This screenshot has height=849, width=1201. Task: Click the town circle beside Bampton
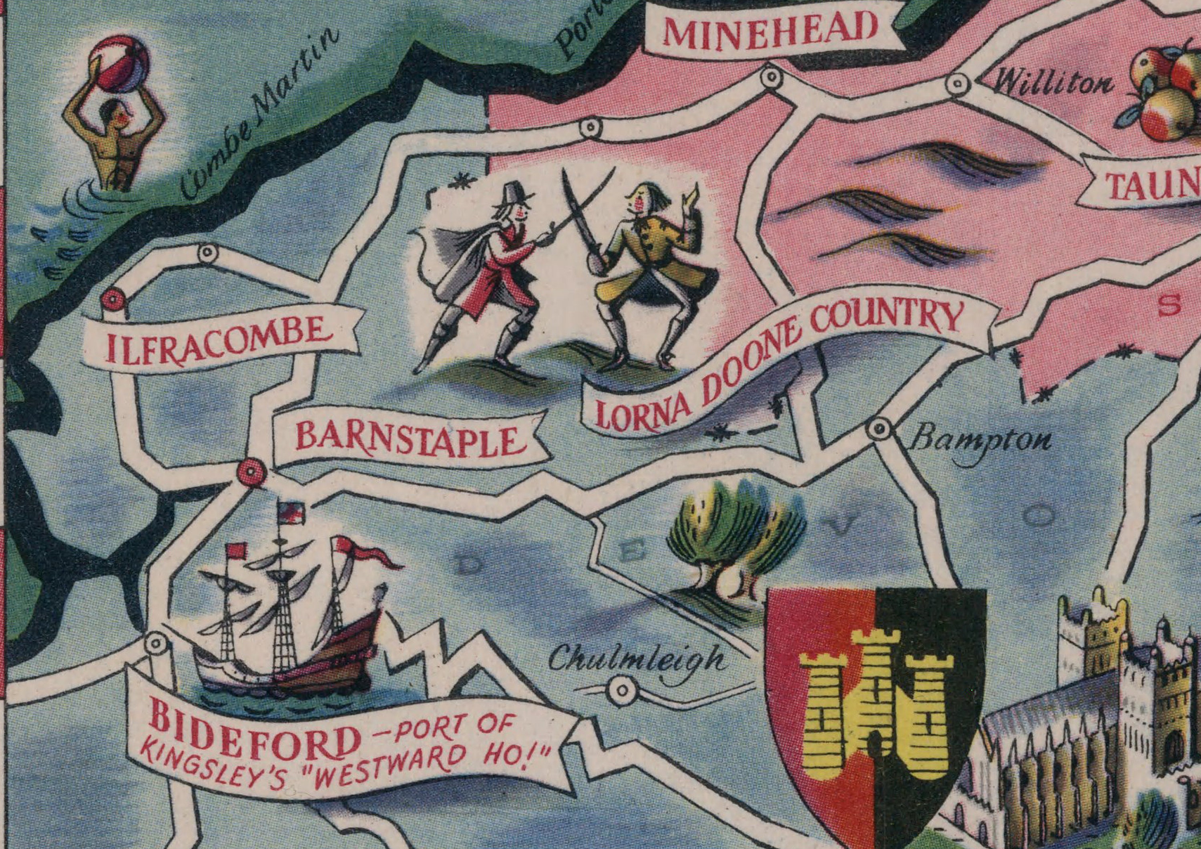[879, 430]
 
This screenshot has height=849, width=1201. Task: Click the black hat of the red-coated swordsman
[516, 194]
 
